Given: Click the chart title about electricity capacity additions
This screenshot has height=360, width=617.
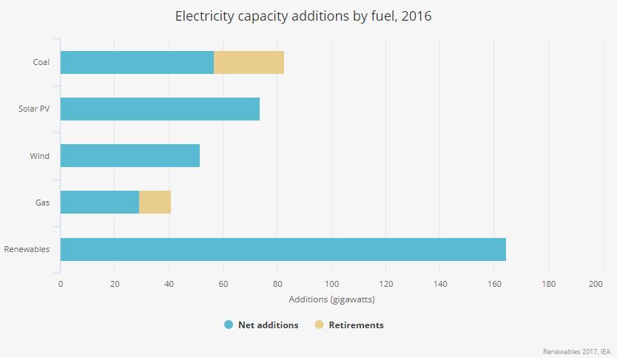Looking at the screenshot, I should [303, 16].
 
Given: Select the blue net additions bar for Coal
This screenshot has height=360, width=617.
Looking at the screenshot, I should [137, 63].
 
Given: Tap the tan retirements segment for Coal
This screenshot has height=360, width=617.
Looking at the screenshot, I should [249, 63].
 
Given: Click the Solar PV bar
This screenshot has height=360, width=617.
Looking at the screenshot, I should [160, 109].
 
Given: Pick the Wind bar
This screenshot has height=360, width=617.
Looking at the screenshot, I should [129, 156].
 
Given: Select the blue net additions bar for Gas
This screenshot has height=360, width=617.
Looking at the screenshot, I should [99, 203].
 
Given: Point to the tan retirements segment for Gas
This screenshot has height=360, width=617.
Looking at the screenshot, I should [155, 203].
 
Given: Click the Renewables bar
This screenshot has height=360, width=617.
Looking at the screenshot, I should [283, 249].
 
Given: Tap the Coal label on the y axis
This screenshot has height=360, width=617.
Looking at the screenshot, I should [41, 63].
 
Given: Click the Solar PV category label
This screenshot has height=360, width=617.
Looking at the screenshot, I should [34, 109].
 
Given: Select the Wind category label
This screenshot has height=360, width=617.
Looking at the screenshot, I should [40, 156].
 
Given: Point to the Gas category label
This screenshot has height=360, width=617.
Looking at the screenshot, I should [43, 203].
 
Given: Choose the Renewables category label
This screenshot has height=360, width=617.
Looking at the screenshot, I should [27, 249].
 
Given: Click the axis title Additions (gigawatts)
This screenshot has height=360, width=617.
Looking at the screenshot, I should [331, 299].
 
